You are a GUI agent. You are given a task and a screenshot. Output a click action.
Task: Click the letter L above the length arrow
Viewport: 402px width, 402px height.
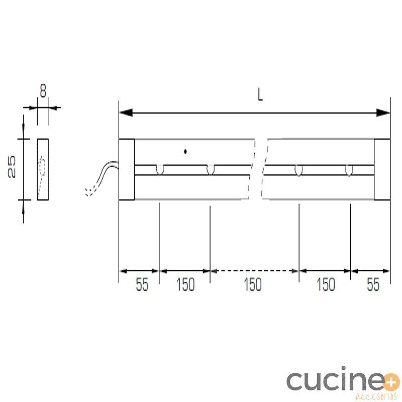[x=260, y=95]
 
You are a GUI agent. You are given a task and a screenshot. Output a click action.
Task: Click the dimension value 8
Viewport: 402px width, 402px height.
[x=43, y=91]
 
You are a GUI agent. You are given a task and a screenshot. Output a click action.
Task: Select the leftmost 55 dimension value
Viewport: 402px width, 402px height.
[x=142, y=284]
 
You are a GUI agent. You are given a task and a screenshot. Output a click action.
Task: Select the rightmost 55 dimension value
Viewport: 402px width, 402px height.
[x=373, y=284]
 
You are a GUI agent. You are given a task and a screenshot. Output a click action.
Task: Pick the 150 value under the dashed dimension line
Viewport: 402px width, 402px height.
[x=253, y=284]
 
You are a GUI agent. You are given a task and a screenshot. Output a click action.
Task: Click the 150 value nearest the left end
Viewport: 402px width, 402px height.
[x=185, y=284]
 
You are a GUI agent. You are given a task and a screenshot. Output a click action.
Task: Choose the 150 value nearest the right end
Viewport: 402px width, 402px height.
[x=326, y=284]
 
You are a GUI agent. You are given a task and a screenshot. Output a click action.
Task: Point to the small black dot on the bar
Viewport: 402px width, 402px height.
[x=185, y=152]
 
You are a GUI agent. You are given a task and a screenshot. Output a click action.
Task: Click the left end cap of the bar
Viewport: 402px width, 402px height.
[x=127, y=169]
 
